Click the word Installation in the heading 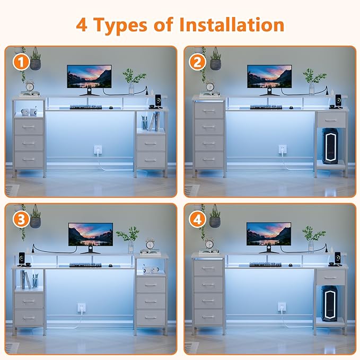231,25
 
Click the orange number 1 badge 21,62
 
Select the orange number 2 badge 197,62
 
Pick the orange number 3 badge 21,219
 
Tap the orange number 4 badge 197,219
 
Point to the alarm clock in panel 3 150,245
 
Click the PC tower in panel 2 330,146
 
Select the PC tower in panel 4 329,303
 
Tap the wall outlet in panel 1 98,150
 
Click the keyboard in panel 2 266,107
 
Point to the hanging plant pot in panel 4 215,222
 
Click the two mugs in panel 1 29,111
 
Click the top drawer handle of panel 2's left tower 209,111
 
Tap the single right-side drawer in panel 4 330,277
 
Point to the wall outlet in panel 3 82,308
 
